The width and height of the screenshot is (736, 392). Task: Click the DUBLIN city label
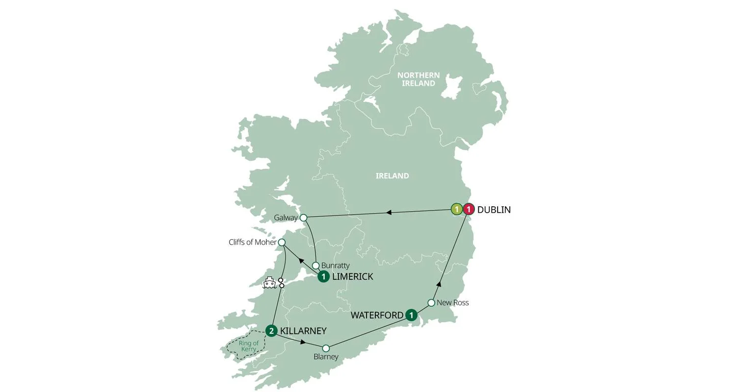pyautogui.click(x=494, y=210)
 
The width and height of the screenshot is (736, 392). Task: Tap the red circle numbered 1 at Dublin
pyautogui.click(x=469, y=210)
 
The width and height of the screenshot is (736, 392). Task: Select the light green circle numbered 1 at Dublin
pyautogui.click(x=457, y=210)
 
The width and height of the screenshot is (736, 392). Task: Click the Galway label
pyautogui.click(x=286, y=218)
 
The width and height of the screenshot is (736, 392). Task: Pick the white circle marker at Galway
pyautogui.click(x=303, y=218)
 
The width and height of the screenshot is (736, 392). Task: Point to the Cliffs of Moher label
pyautogui.click(x=252, y=242)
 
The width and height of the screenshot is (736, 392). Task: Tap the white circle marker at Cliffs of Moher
pyautogui.click(x=282, y=242)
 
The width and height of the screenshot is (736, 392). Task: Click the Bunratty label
pyautogui.click(x=335, y=266)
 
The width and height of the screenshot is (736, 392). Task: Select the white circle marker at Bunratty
pyautogui.click(x=316, y=266)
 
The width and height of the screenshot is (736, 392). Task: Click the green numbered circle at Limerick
pyautogui.click(x=323, y=277)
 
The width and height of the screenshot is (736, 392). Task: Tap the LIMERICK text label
pyautogui.click(x=352, y=277)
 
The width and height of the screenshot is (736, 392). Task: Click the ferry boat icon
pyautogui.click(x=269, y=283)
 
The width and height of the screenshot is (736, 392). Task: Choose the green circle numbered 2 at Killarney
pyautogui.click(x=271, y=331)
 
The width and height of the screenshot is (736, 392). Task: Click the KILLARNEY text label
pyautogui.click(x=303, y=331)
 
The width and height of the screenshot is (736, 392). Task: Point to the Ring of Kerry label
pyautogui.click(x=248, y=346)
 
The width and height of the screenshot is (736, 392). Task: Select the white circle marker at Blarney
pyautogui.click(x=326, y=348)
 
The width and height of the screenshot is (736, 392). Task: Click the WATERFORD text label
pyautogui.click(x=377, y=315)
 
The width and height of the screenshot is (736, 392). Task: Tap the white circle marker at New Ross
pyautogui.click(x=431, y=303)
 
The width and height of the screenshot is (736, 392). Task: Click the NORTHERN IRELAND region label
pyautogui.click(x=419, y=79)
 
